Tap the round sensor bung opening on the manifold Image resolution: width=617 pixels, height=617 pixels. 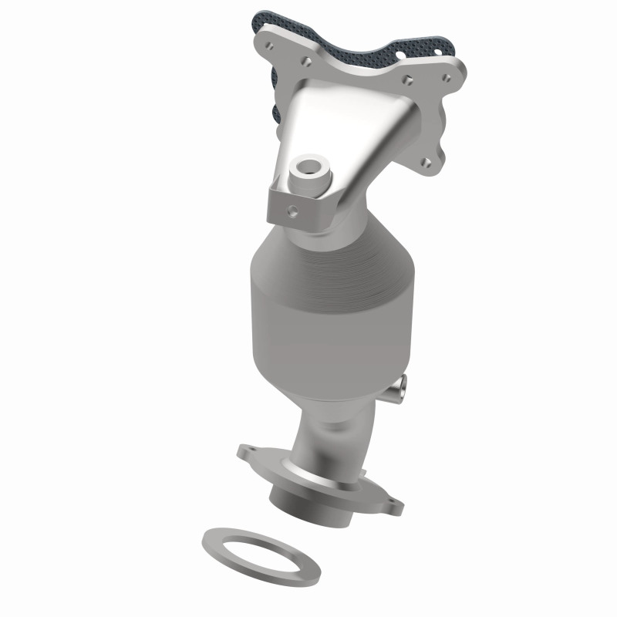click(308, 166)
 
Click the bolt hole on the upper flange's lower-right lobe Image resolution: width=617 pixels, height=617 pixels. click(426, 161)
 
